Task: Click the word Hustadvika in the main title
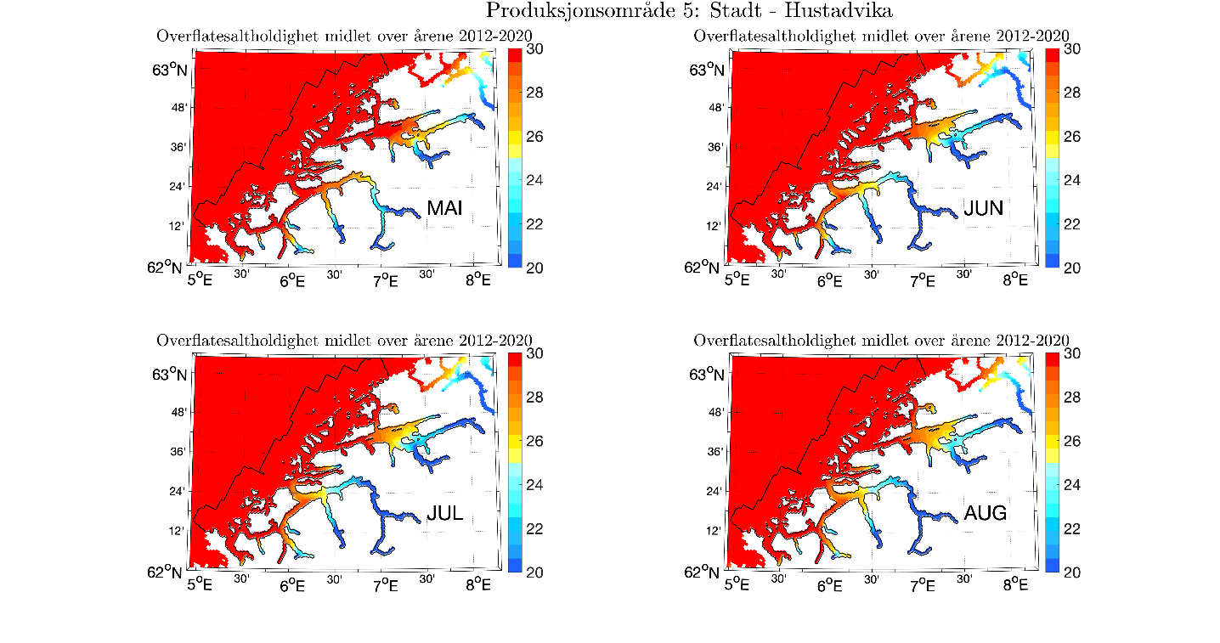(830, 11)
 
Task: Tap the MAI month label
(444, 209)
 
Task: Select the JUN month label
(984, 209)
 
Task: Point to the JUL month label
(444, 513)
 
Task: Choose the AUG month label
(986, 513)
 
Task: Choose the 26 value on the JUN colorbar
(1072, 137)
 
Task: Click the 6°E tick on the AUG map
(829, 584)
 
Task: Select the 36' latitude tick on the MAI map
(178, 147)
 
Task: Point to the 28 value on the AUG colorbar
(1072, 398)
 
